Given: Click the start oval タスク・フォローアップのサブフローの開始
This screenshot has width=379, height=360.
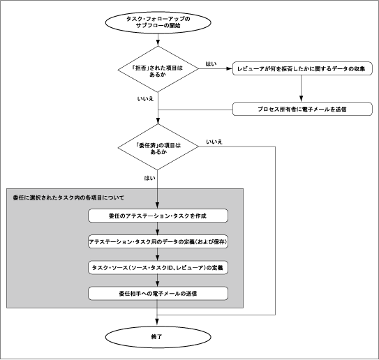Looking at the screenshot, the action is click(158, 22).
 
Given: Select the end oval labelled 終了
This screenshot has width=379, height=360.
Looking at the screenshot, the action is click(158, 337).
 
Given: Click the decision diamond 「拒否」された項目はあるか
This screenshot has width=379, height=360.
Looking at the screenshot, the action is click(158, 69).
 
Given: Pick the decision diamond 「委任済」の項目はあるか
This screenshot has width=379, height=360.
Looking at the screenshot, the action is click(158, 147).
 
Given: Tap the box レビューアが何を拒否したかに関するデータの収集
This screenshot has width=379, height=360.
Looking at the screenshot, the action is click(302, 68).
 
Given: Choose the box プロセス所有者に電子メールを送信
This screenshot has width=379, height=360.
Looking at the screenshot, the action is click(302, 109).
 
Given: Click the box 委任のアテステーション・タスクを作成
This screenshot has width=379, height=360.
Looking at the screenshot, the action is click(158, 216).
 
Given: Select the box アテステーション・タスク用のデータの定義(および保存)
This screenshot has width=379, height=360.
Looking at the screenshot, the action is click(158, 241).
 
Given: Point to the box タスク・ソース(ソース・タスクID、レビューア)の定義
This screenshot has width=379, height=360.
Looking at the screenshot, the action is click(158, 267).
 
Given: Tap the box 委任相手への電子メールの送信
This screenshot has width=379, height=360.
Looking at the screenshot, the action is click(158, 294).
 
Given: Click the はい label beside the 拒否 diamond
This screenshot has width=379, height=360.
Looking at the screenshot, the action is click(211, 63).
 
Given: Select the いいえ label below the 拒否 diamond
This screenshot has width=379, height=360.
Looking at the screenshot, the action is click(145, 99).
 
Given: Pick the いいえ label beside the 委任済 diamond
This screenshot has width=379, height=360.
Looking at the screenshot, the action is click(214, 142).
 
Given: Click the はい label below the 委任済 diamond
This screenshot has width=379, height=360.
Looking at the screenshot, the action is click(149, 178).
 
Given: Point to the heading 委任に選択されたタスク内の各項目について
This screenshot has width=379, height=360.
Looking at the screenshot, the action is click(68, 197).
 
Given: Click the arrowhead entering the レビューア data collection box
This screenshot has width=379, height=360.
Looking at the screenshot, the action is click(229, 68).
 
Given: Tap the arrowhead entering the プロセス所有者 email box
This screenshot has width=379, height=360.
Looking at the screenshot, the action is click(301, 99).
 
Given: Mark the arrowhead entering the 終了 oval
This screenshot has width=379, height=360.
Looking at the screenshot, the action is click(157, 322).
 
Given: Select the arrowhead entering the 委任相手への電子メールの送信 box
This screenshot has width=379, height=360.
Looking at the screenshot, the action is click(158, 283).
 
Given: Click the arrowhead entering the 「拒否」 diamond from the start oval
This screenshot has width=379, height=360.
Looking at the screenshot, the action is click(158, 43).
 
